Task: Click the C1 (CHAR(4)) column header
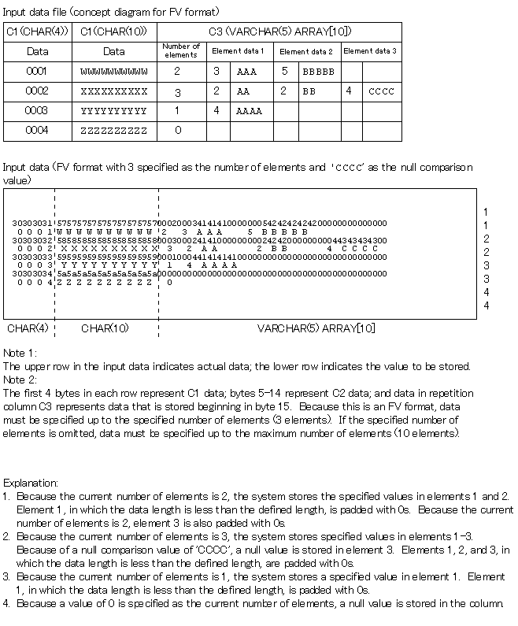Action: [x=37, y=31]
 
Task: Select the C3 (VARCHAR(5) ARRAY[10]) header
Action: [x=279, y=31]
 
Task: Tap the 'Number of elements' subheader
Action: [x=181, y=50]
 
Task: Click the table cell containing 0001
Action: [x=37, y=71]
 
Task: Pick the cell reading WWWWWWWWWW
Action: [x=114, y=71]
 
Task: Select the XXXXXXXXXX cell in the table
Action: [x=114, y=91]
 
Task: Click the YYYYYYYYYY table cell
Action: [x=114, y=111]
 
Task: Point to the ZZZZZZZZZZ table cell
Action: [x=114, y=131]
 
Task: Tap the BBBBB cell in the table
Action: [x=318, y=71]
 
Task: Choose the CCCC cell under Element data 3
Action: [x=381, y=91]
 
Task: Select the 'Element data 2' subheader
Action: [x=306, y=51]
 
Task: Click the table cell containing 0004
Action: [x=37, y=131]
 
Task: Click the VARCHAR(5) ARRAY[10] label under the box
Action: [x=316, y=328]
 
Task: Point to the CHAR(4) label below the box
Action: [x=28, y=328]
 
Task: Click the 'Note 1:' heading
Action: [x=20, y=354]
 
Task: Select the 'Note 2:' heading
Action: [x=20, y=379]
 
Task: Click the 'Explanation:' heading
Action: [x=31, y=482]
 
